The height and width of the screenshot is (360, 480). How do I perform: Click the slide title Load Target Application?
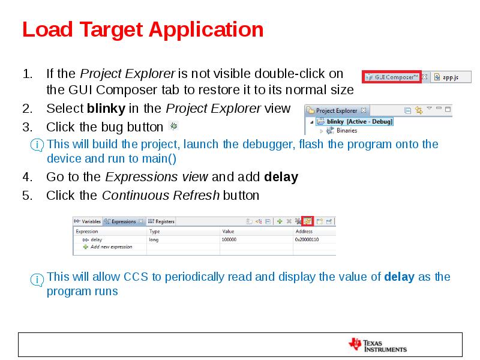coord(143,29)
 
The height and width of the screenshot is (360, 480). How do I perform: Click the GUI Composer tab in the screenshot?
coord(391,77)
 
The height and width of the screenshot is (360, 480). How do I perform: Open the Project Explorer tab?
coord(336,110)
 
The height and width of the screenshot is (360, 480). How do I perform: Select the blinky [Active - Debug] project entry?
coord(359,121)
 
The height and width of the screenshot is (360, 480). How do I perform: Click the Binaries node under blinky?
coord(346,130)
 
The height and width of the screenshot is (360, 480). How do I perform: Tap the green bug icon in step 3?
coord(173,126)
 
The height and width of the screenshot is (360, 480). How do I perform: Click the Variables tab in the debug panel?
coord(88,221)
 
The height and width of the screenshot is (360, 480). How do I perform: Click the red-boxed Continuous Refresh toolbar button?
coord(307,221)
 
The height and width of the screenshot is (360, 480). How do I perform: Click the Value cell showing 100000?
coord(229,239)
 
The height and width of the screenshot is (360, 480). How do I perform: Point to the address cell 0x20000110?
coord(307,239)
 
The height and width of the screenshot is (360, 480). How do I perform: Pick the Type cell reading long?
coord(154,239)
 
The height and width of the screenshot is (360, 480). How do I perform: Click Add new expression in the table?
coord(111,247)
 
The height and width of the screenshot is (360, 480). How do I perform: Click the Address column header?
coord(304,231)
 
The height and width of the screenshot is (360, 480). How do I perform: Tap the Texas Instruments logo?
coord(377,345)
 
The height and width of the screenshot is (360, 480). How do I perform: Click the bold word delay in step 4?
coord(281,177)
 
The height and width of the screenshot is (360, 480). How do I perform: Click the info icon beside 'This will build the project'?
coord(37,145)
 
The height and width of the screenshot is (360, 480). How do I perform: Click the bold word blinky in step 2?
coord(106,109)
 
